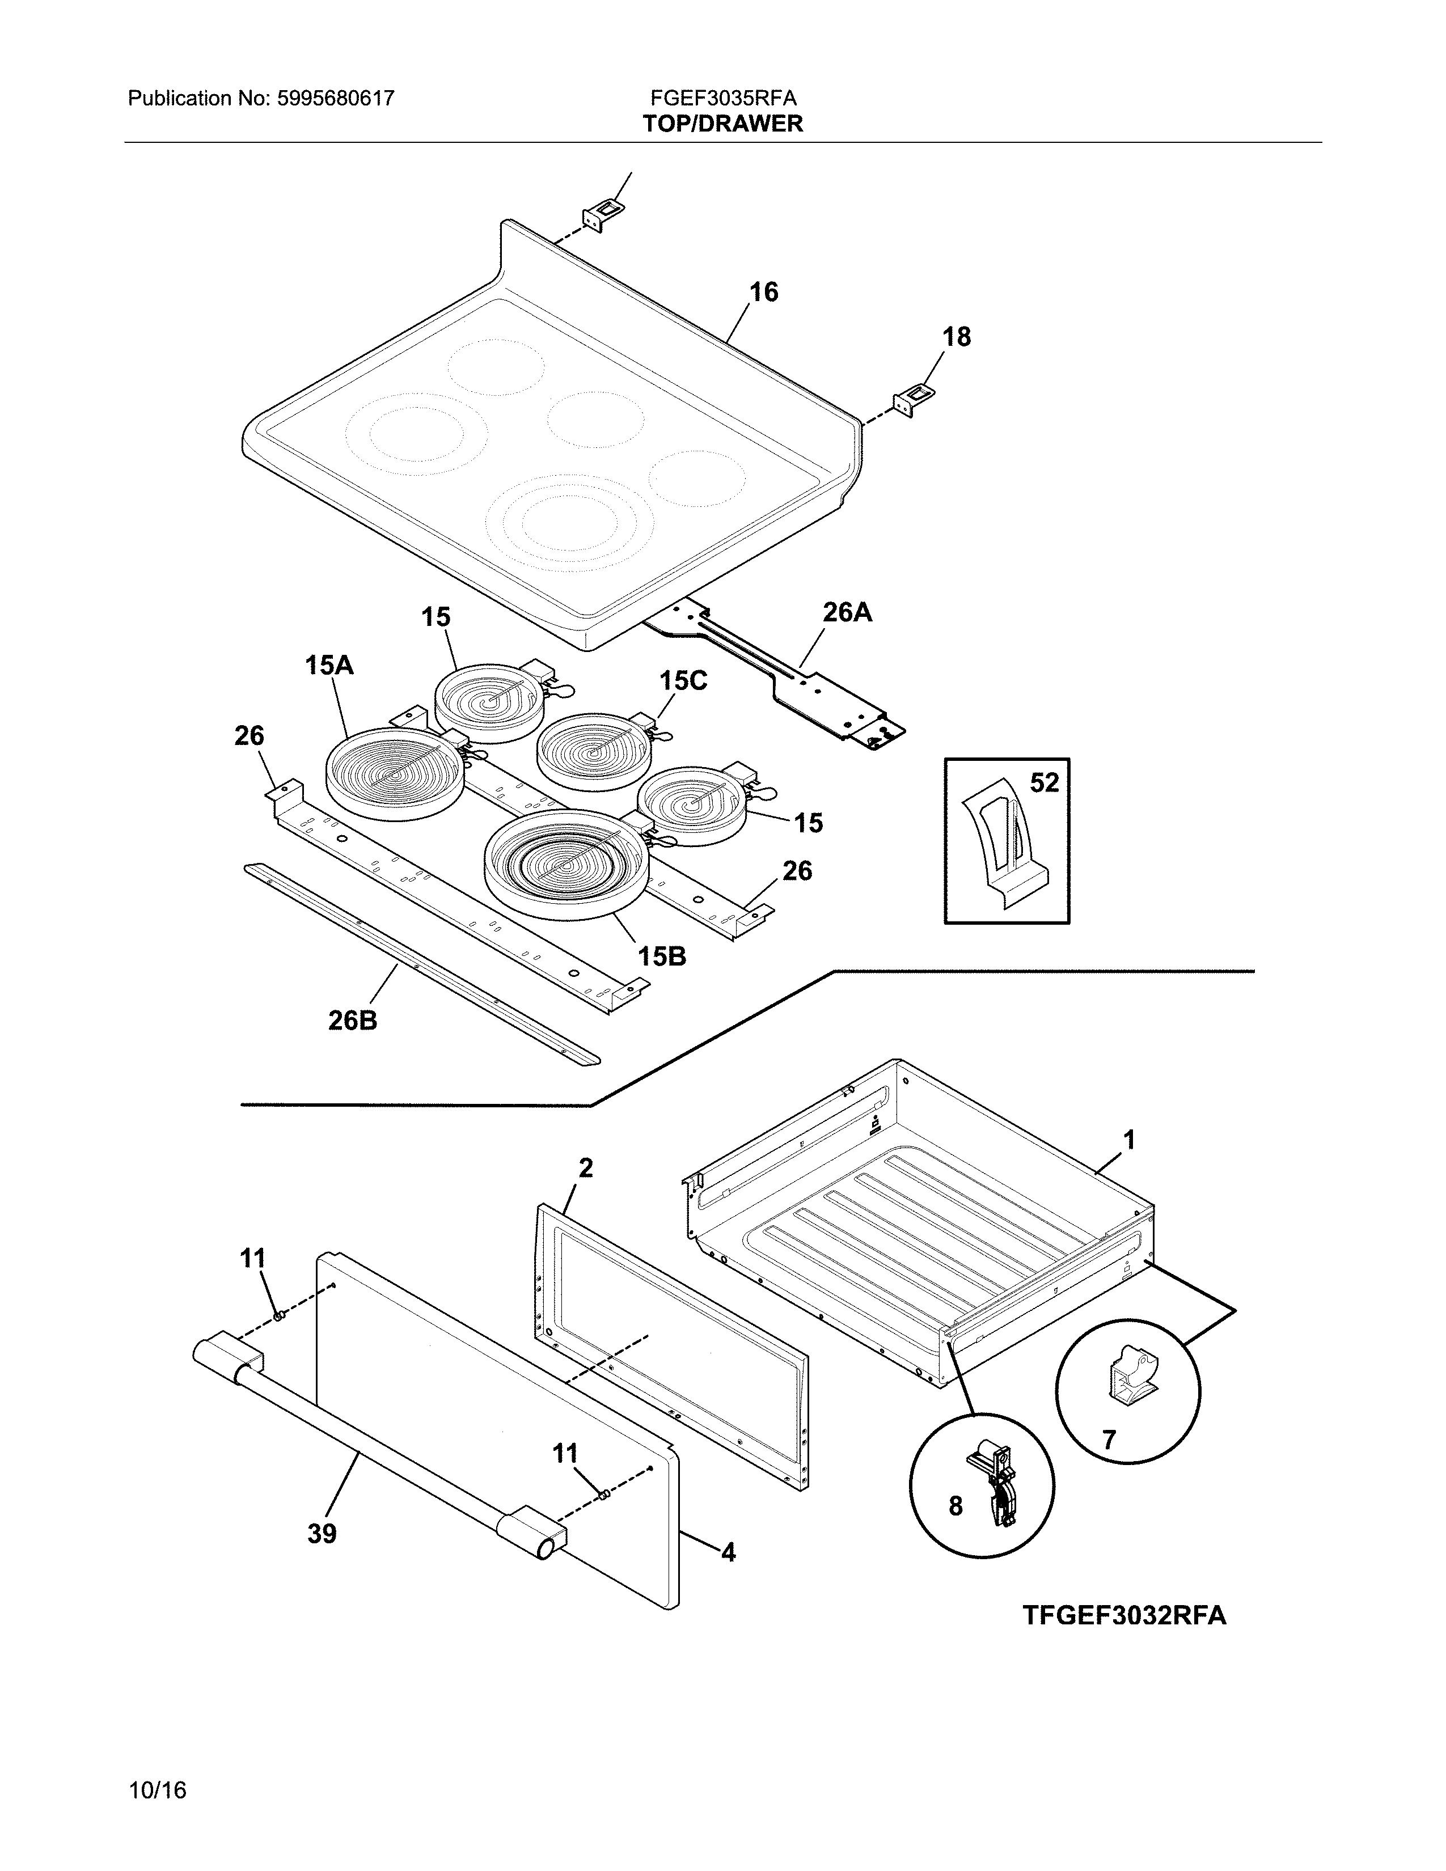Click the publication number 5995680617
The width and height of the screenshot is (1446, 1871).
pyautogui.click(x=335, y=99)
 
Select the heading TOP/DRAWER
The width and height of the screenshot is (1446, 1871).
pyautogui.click(x=723, y=124)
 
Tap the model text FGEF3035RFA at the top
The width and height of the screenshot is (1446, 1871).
pyautogui.click(x=723, y=99)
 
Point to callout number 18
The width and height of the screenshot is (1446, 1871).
pyautogui.click(x=957, y=337)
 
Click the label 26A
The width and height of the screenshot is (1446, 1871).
pyautogui.click(x=847, y=612)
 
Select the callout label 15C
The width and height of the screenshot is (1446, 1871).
pyautogui.click(x=683, y=681)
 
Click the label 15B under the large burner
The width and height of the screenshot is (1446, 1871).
pyautogui.click(x=661, y=956)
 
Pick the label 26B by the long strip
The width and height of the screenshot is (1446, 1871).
pyautogui.click(x=352, y=1021)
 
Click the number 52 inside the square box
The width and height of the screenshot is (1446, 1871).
pyautogui.click(x=1044, y=782)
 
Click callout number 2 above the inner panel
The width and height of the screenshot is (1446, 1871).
pyautogui.click(x=586, y=1167)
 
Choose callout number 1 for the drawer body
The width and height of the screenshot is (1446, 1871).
pyautogui.click(x=1129, y=1140)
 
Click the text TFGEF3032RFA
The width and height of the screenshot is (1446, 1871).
pyautogui.click(x=1124, y=1616)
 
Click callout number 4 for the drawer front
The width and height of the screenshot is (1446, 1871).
pyautogui.click(x=728, y=1552)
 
